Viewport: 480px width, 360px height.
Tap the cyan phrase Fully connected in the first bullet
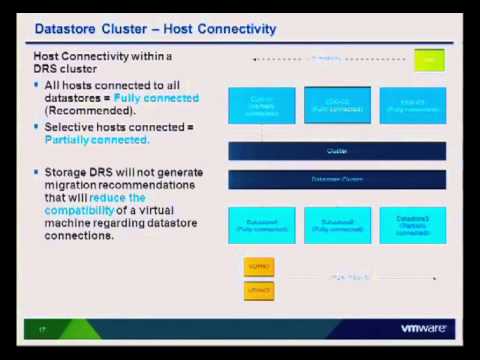point(157,98)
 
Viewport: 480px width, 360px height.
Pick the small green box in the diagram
point(429,61)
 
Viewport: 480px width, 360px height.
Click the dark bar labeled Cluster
point(336,151)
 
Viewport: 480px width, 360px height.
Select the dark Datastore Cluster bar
point(336,180)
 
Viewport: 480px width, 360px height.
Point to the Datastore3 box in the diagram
point(412,225)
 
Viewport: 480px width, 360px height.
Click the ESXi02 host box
point(337,105)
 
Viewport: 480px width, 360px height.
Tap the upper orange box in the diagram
point(258,267)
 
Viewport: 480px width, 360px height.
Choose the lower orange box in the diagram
point(258,290)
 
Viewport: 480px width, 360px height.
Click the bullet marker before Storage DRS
point(37,173)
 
